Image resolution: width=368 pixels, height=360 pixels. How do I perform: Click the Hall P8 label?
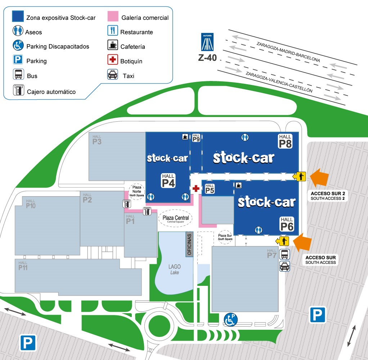[x=285, y=141]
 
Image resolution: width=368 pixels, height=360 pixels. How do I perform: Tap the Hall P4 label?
[x=168, y=181]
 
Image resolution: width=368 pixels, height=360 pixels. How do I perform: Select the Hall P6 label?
[x=287, y=224]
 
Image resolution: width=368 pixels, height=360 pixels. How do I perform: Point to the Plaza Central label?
[x=176, y=219]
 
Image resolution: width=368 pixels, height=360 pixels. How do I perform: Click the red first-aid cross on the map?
[x=196, y=188]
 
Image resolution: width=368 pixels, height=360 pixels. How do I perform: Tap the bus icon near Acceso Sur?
[x=284, y=254]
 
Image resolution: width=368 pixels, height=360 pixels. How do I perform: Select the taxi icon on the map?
[x=284, y=266]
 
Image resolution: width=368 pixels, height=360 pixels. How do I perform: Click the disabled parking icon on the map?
[x=231, y=319]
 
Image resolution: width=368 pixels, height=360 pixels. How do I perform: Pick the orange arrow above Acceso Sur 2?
[x=319, y=177]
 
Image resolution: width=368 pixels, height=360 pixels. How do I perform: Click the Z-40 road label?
[x=207, y=58]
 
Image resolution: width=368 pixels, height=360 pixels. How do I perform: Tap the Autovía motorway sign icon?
[x=207, y=42]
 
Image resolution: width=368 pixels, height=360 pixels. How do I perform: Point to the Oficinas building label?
[x=189, y=244]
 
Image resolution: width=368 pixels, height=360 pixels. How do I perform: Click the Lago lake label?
[x=175, y=269]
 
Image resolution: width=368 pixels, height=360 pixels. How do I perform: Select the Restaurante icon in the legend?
[x=113, y=31]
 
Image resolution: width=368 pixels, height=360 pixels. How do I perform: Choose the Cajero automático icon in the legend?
[x=18, y=90]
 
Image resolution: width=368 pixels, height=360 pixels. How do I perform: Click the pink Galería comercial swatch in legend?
[x=113, y=16]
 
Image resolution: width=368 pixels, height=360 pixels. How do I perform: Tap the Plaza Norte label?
[x=137, y=191]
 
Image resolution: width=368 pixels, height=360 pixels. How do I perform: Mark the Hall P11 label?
[x=23, y=266]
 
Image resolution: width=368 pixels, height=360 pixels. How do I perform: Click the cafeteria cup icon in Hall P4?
[x=185, y=136]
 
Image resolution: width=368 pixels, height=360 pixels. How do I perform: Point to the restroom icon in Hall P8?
[x=245, y=137]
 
